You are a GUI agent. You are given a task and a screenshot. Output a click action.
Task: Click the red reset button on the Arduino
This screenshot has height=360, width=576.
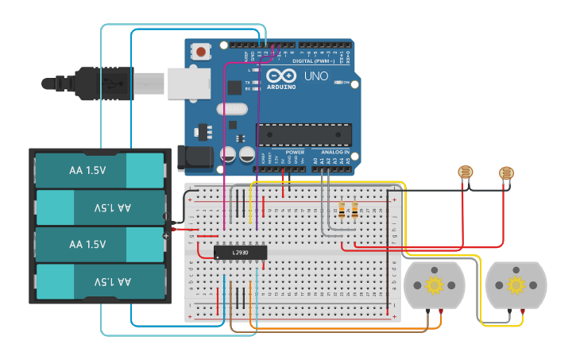[201, 52]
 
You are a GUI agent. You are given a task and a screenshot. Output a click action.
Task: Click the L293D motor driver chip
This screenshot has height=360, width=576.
[240, 252]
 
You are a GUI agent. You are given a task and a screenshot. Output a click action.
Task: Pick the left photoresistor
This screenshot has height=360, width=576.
[466, 172]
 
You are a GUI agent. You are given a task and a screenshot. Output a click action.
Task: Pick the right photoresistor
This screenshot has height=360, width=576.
[506, 172]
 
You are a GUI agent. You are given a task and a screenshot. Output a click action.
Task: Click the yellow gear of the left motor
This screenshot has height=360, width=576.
[434, 285]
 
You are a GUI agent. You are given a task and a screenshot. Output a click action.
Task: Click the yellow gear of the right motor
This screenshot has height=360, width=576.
[516, 285]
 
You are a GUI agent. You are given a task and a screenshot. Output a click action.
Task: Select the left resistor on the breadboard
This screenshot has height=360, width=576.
[342, 211]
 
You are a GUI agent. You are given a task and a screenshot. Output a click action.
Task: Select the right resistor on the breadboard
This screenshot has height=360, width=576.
[354, 211]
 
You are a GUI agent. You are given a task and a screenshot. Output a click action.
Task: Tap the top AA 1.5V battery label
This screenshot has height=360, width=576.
[87, 170]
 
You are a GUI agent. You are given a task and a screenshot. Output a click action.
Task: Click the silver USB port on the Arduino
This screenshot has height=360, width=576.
[189, 83]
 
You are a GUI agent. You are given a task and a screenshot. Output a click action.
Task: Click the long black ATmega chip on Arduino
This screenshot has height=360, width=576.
[303, 135]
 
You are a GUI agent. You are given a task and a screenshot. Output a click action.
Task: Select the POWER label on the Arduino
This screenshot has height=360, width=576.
[295, 152]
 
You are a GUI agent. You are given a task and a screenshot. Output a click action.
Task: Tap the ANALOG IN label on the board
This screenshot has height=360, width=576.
[334, 152]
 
